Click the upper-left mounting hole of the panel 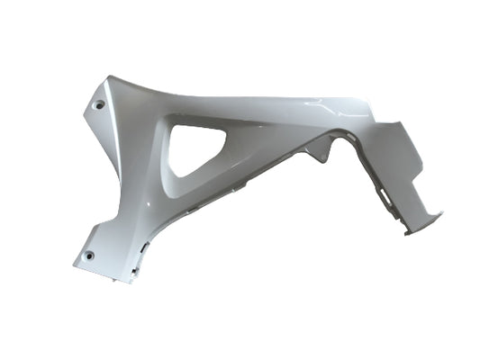click(99, 104)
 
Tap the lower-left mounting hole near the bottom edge click(89, 258)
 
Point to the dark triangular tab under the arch click(320, 153)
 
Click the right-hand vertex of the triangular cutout click(226, 131)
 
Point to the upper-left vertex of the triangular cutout click(174, 125)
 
